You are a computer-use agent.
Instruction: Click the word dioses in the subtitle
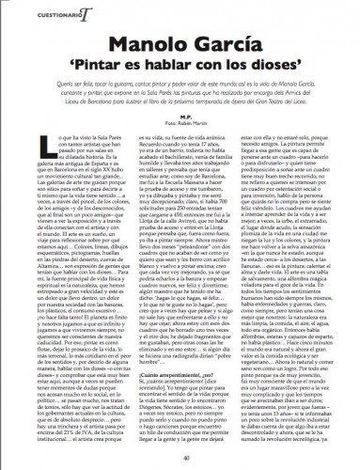pos(271,68)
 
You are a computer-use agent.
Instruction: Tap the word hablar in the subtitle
pos(177,68)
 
